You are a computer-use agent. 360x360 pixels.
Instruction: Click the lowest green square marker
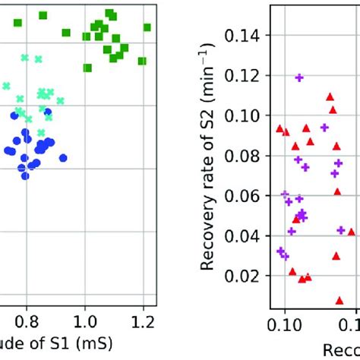[87, 68]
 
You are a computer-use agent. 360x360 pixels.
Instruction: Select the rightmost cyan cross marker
[60, 100]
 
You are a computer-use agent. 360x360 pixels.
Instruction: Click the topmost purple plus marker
[299, 77]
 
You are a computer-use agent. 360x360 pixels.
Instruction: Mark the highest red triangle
[330, 96]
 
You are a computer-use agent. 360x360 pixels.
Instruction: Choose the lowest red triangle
[339, 300]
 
